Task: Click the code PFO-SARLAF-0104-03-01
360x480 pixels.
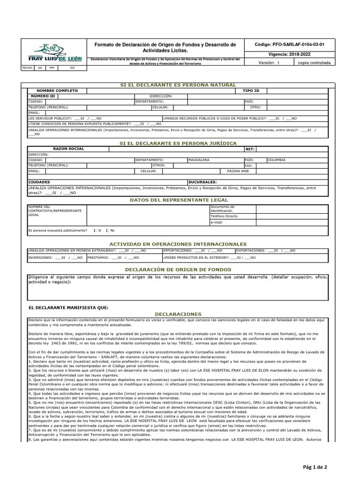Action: point(289,45)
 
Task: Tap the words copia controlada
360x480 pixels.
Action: point(314,62)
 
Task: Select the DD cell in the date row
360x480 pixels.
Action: point(72,68)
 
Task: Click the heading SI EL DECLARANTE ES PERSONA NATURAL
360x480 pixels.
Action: point(178,84)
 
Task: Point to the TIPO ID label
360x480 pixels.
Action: point(251,90)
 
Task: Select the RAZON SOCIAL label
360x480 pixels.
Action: point(69,149)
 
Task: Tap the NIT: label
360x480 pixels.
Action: point(249,149)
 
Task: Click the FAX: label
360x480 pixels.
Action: point(248,165)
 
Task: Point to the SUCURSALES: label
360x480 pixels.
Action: point(202,181)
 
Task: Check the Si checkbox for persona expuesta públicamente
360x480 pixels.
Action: point(96,231)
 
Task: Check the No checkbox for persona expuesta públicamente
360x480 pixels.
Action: point(108,231)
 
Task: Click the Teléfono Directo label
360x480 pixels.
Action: point(224,216)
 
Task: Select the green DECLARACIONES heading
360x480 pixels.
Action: point(178,314)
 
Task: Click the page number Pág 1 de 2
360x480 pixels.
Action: point(315,467)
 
